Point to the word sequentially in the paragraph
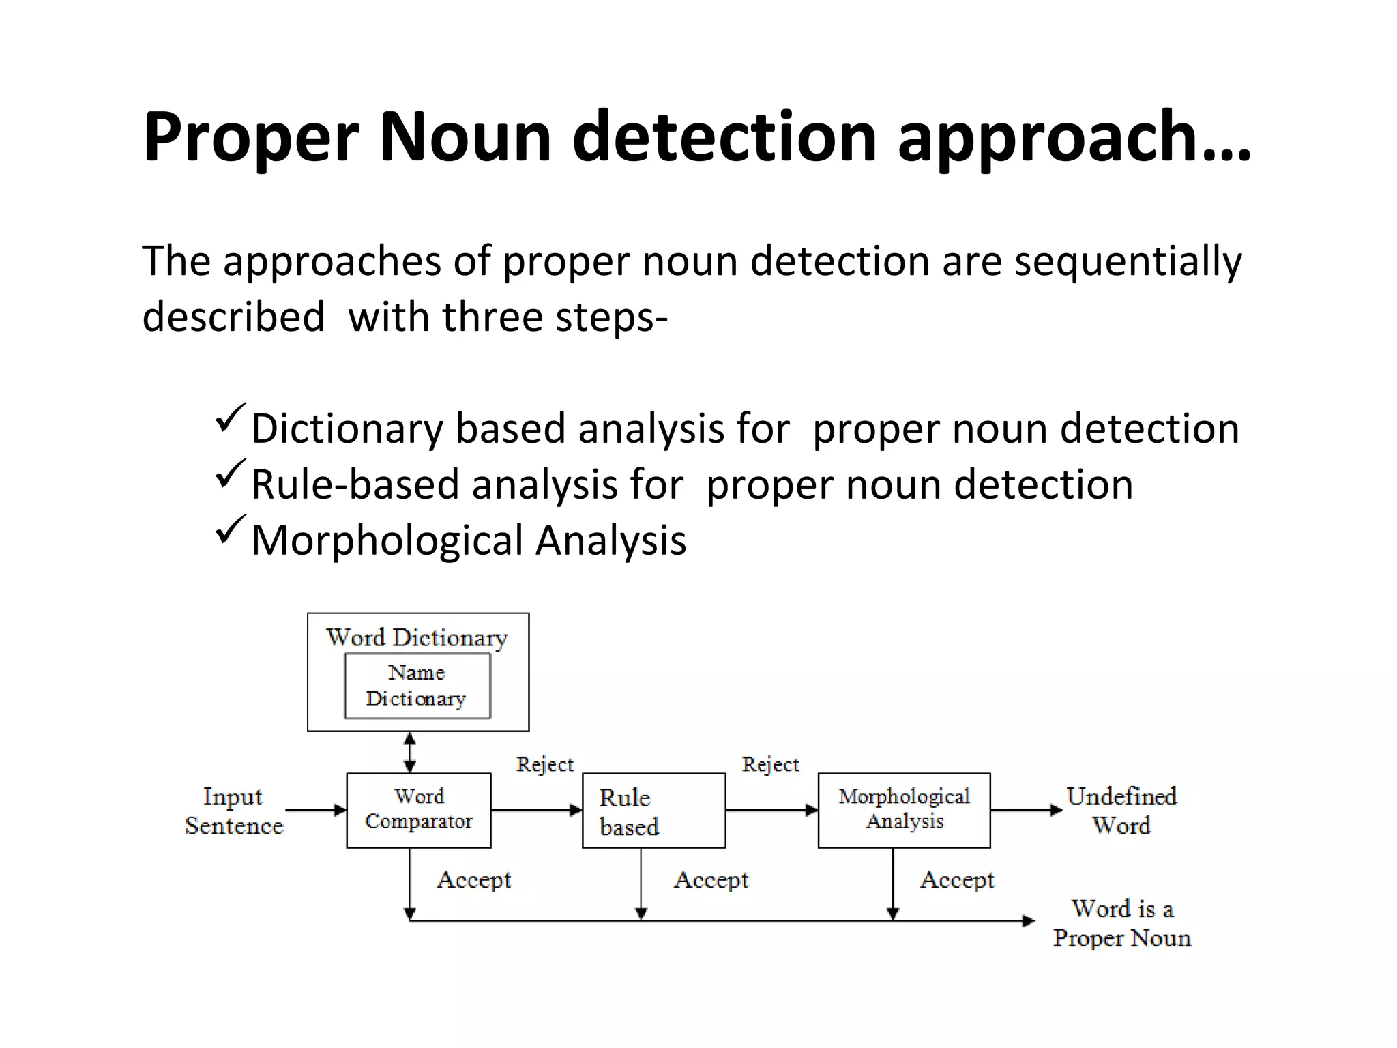pos(1128,262)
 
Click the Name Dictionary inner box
pos(417,686)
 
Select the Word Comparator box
pos(418,810)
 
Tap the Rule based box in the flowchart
pos(653,811)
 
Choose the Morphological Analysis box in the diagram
pos(903,810)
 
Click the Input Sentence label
pos(233,811)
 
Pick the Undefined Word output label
pos(1121,811)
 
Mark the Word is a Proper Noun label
pos(1121,923)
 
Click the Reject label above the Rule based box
pos(544,764)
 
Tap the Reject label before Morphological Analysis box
pos(769,764)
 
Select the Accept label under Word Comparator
pos(473,879)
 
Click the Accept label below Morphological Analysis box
pos(956,879)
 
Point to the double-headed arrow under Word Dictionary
pos(409,752)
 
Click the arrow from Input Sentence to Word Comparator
pos(315,810)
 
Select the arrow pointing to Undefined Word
pos(1025,810)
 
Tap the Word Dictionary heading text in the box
pos(417,637)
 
